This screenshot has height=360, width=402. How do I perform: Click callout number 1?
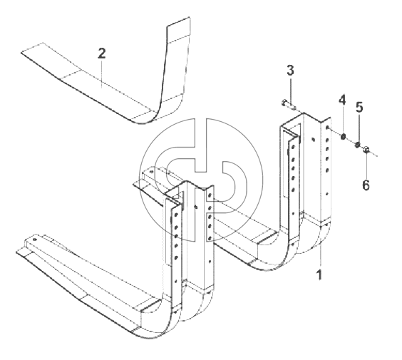[x=319, y=274]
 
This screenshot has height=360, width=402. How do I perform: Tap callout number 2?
[x=101, y=53]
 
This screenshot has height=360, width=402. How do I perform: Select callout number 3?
[x=290, y=71]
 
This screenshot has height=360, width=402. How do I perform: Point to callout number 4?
[x=343, y=100]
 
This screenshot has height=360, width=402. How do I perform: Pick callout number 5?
[x=359, y=107]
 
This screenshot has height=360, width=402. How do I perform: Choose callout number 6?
[x=366, y=185]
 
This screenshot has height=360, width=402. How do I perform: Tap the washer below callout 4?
[x=343, y=137]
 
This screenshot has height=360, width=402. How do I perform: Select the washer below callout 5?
[x=357, y=145]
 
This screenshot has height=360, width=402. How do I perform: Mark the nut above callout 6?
[x=366, y=150]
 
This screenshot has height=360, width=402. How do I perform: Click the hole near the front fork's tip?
[x=35, y=240]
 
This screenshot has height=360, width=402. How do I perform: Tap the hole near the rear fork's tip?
[x=152, y=171]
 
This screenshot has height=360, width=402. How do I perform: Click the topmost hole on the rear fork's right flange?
[x=327, y=127]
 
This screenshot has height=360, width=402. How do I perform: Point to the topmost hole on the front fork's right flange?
[x=210, y=196]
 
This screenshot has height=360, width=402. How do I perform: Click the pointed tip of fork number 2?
[x=21, y=53]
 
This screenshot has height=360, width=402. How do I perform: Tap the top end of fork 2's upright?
[x=178, y=21]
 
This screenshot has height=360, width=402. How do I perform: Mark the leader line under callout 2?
[x=102, y=74]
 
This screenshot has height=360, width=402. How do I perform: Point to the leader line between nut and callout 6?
[x=366, y=166]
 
